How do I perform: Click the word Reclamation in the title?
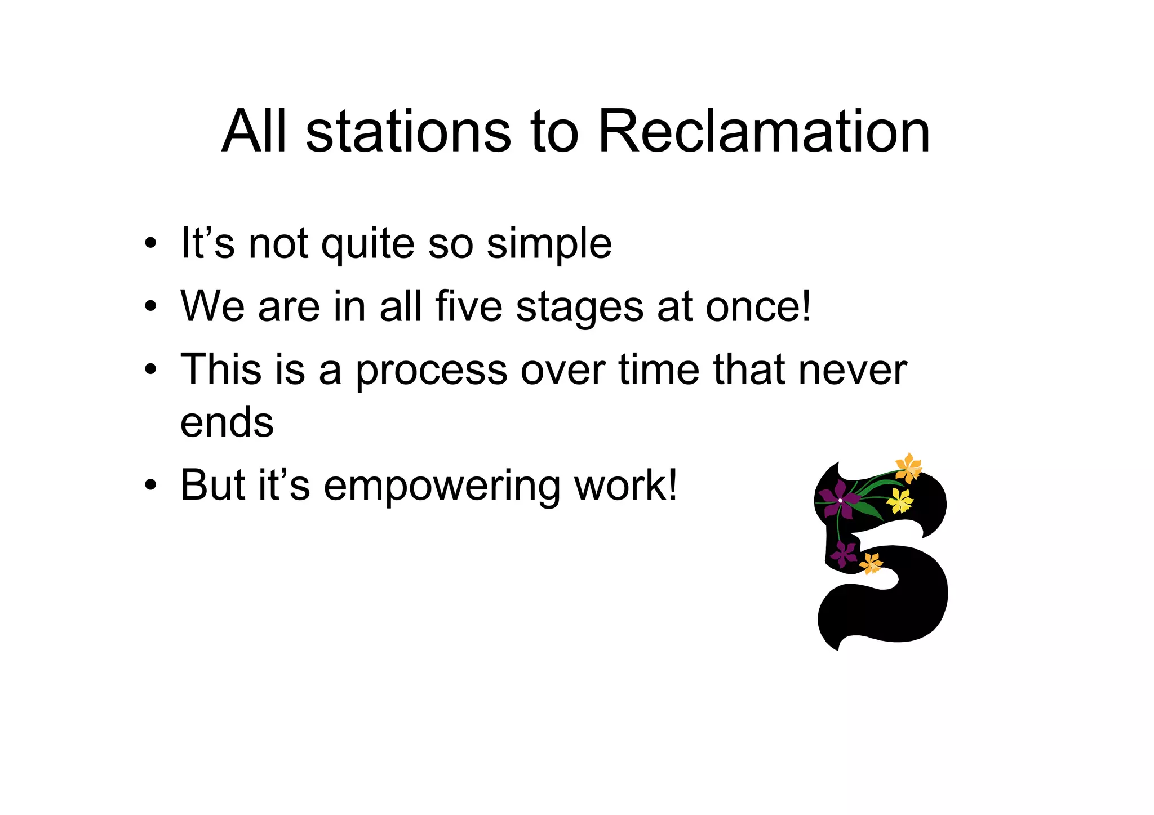point(764,132)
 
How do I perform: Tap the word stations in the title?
point(408,132)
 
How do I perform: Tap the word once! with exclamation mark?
point(758,307)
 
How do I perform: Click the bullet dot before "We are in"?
point(150,308)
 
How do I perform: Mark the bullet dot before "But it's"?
point(150,485)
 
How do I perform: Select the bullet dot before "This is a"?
point(150,370)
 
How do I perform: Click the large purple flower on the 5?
point(839,500)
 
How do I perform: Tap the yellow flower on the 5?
point(899,500)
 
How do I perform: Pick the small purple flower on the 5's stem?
point(844,553)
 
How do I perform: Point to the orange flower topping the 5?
point(908,468)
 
